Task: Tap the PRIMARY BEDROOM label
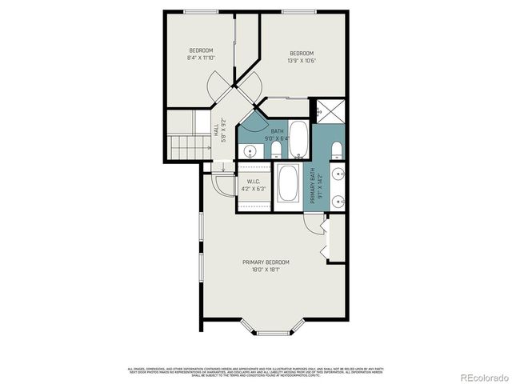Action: coord(266,262)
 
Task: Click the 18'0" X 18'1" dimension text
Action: coord(266,270)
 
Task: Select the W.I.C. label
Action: coord(255,182)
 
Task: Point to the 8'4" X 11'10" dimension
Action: coord(201,58)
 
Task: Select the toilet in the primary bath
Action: coord(336,150)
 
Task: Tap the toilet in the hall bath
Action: coord(275,150)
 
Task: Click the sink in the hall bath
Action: coord(249,150)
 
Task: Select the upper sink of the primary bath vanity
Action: coord(338,174)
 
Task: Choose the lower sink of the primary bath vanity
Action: coord(338,200)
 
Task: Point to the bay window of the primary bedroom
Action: coord(272,329)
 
